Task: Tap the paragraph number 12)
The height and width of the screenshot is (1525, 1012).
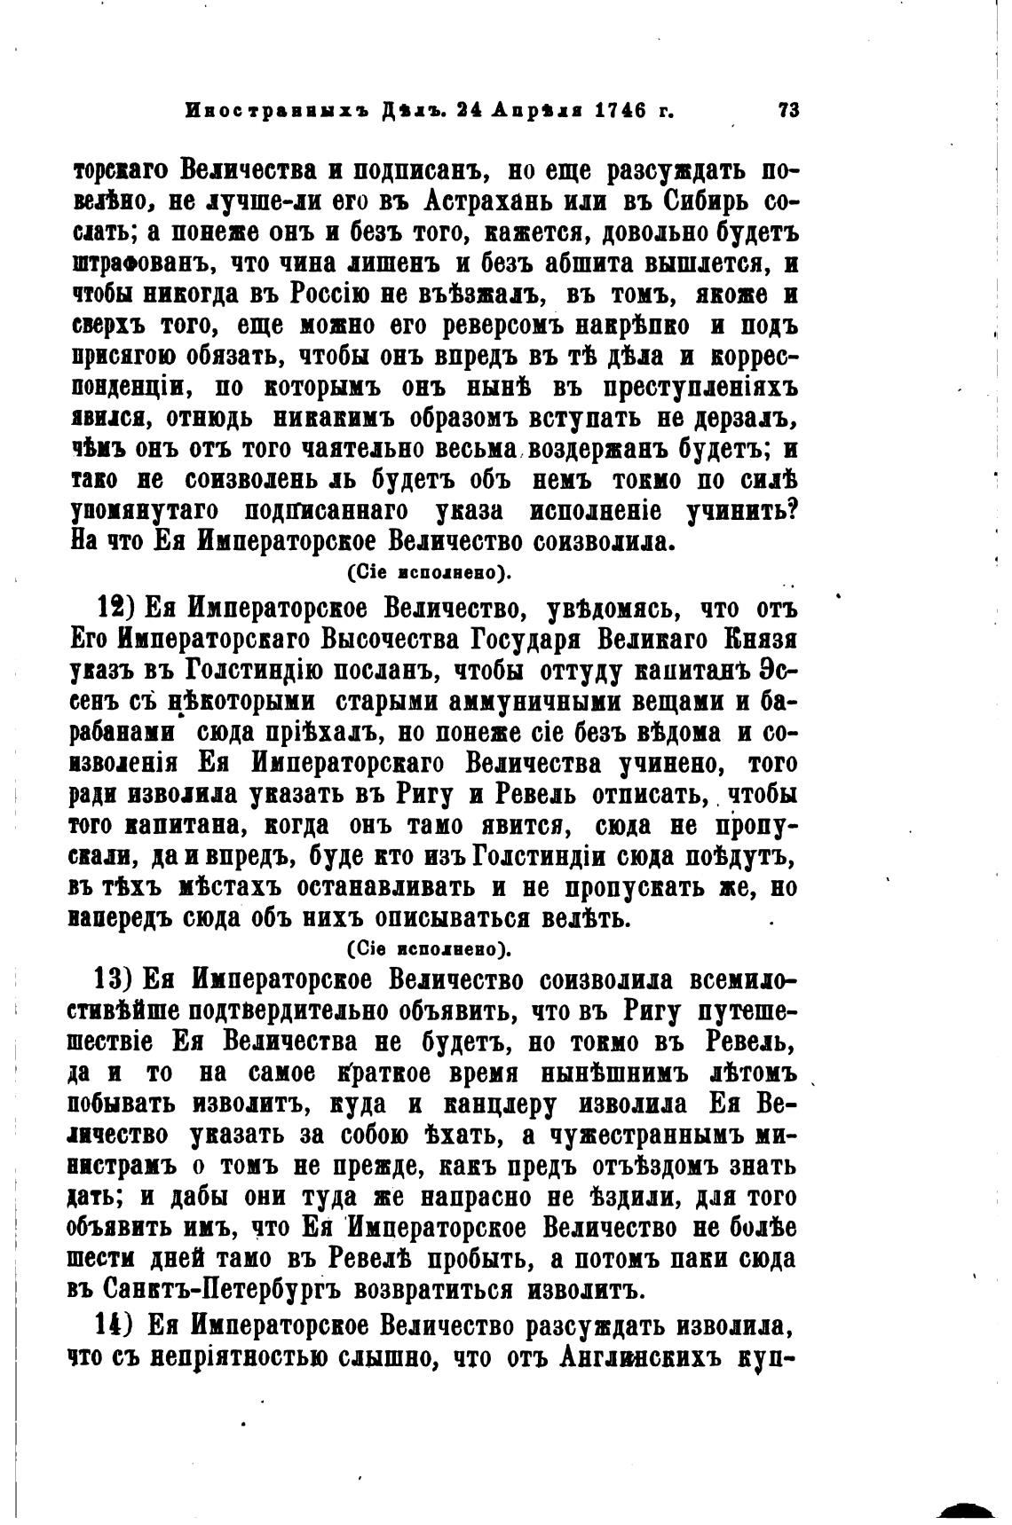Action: [115, 609]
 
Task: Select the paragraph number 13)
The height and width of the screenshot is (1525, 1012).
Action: [115, 981]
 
